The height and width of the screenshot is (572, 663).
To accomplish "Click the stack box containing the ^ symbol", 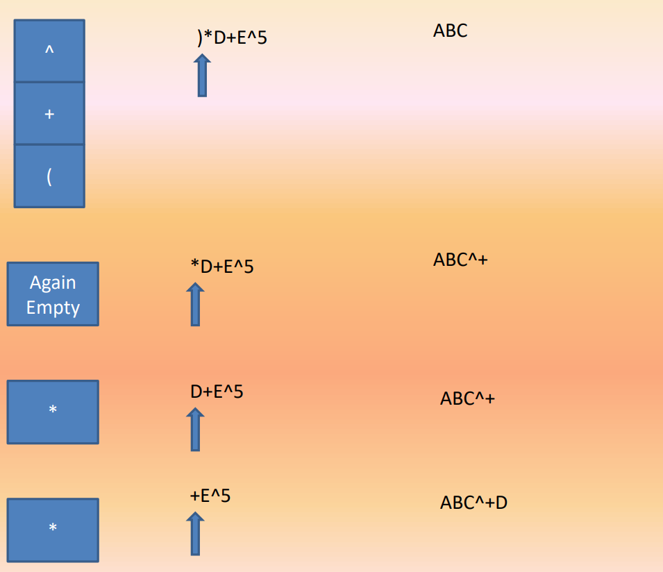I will pyautogui.click(x=49, y=51).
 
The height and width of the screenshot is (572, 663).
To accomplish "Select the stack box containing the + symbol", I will pyautogui.click(x=49, y=113).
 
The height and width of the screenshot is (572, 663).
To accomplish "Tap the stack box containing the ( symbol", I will pyautogui.click(x=49, y=176).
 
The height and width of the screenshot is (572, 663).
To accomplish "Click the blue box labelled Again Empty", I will pyautogui.click(x=53, y=294).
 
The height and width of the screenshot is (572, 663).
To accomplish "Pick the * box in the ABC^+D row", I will pyautogui.click(x=53, y=530).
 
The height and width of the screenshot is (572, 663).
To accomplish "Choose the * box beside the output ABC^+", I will pyautogui.click(x=53, y=412).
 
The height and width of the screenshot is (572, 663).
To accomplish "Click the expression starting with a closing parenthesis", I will pyautogui.click(x=232, y=37).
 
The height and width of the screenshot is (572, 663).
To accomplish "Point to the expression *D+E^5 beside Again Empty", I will pyautogui.click(x=222, y=266).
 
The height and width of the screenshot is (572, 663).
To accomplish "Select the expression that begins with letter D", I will pyautogui.click(x=217, y=392).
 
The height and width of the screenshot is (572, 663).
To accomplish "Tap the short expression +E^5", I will pyautogui.click(x=210, y=496).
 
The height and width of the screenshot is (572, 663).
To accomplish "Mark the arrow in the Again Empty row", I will pyautogui.click(x=195, y=304).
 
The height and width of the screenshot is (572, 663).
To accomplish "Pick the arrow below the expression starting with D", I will pyautogui.click(x=195, y=429).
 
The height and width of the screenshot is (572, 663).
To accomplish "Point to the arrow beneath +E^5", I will pyautogui.click(x=195, y=533).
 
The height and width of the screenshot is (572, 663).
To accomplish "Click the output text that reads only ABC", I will pyautogui.click(x=450, y=31).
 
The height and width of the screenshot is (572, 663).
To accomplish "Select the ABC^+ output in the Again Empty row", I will pyautogui.click(x=460, y=260).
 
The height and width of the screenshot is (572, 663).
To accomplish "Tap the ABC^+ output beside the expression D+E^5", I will pyautogui.click(x=467, y=399).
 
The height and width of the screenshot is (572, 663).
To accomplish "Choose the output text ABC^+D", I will pyautogui.click(x=473, y=503).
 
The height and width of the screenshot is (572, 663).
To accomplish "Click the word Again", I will pyautogui.click(x=53, y=283).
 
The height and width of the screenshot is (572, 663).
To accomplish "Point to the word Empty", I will pyautogui.click(x=53, y=307).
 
